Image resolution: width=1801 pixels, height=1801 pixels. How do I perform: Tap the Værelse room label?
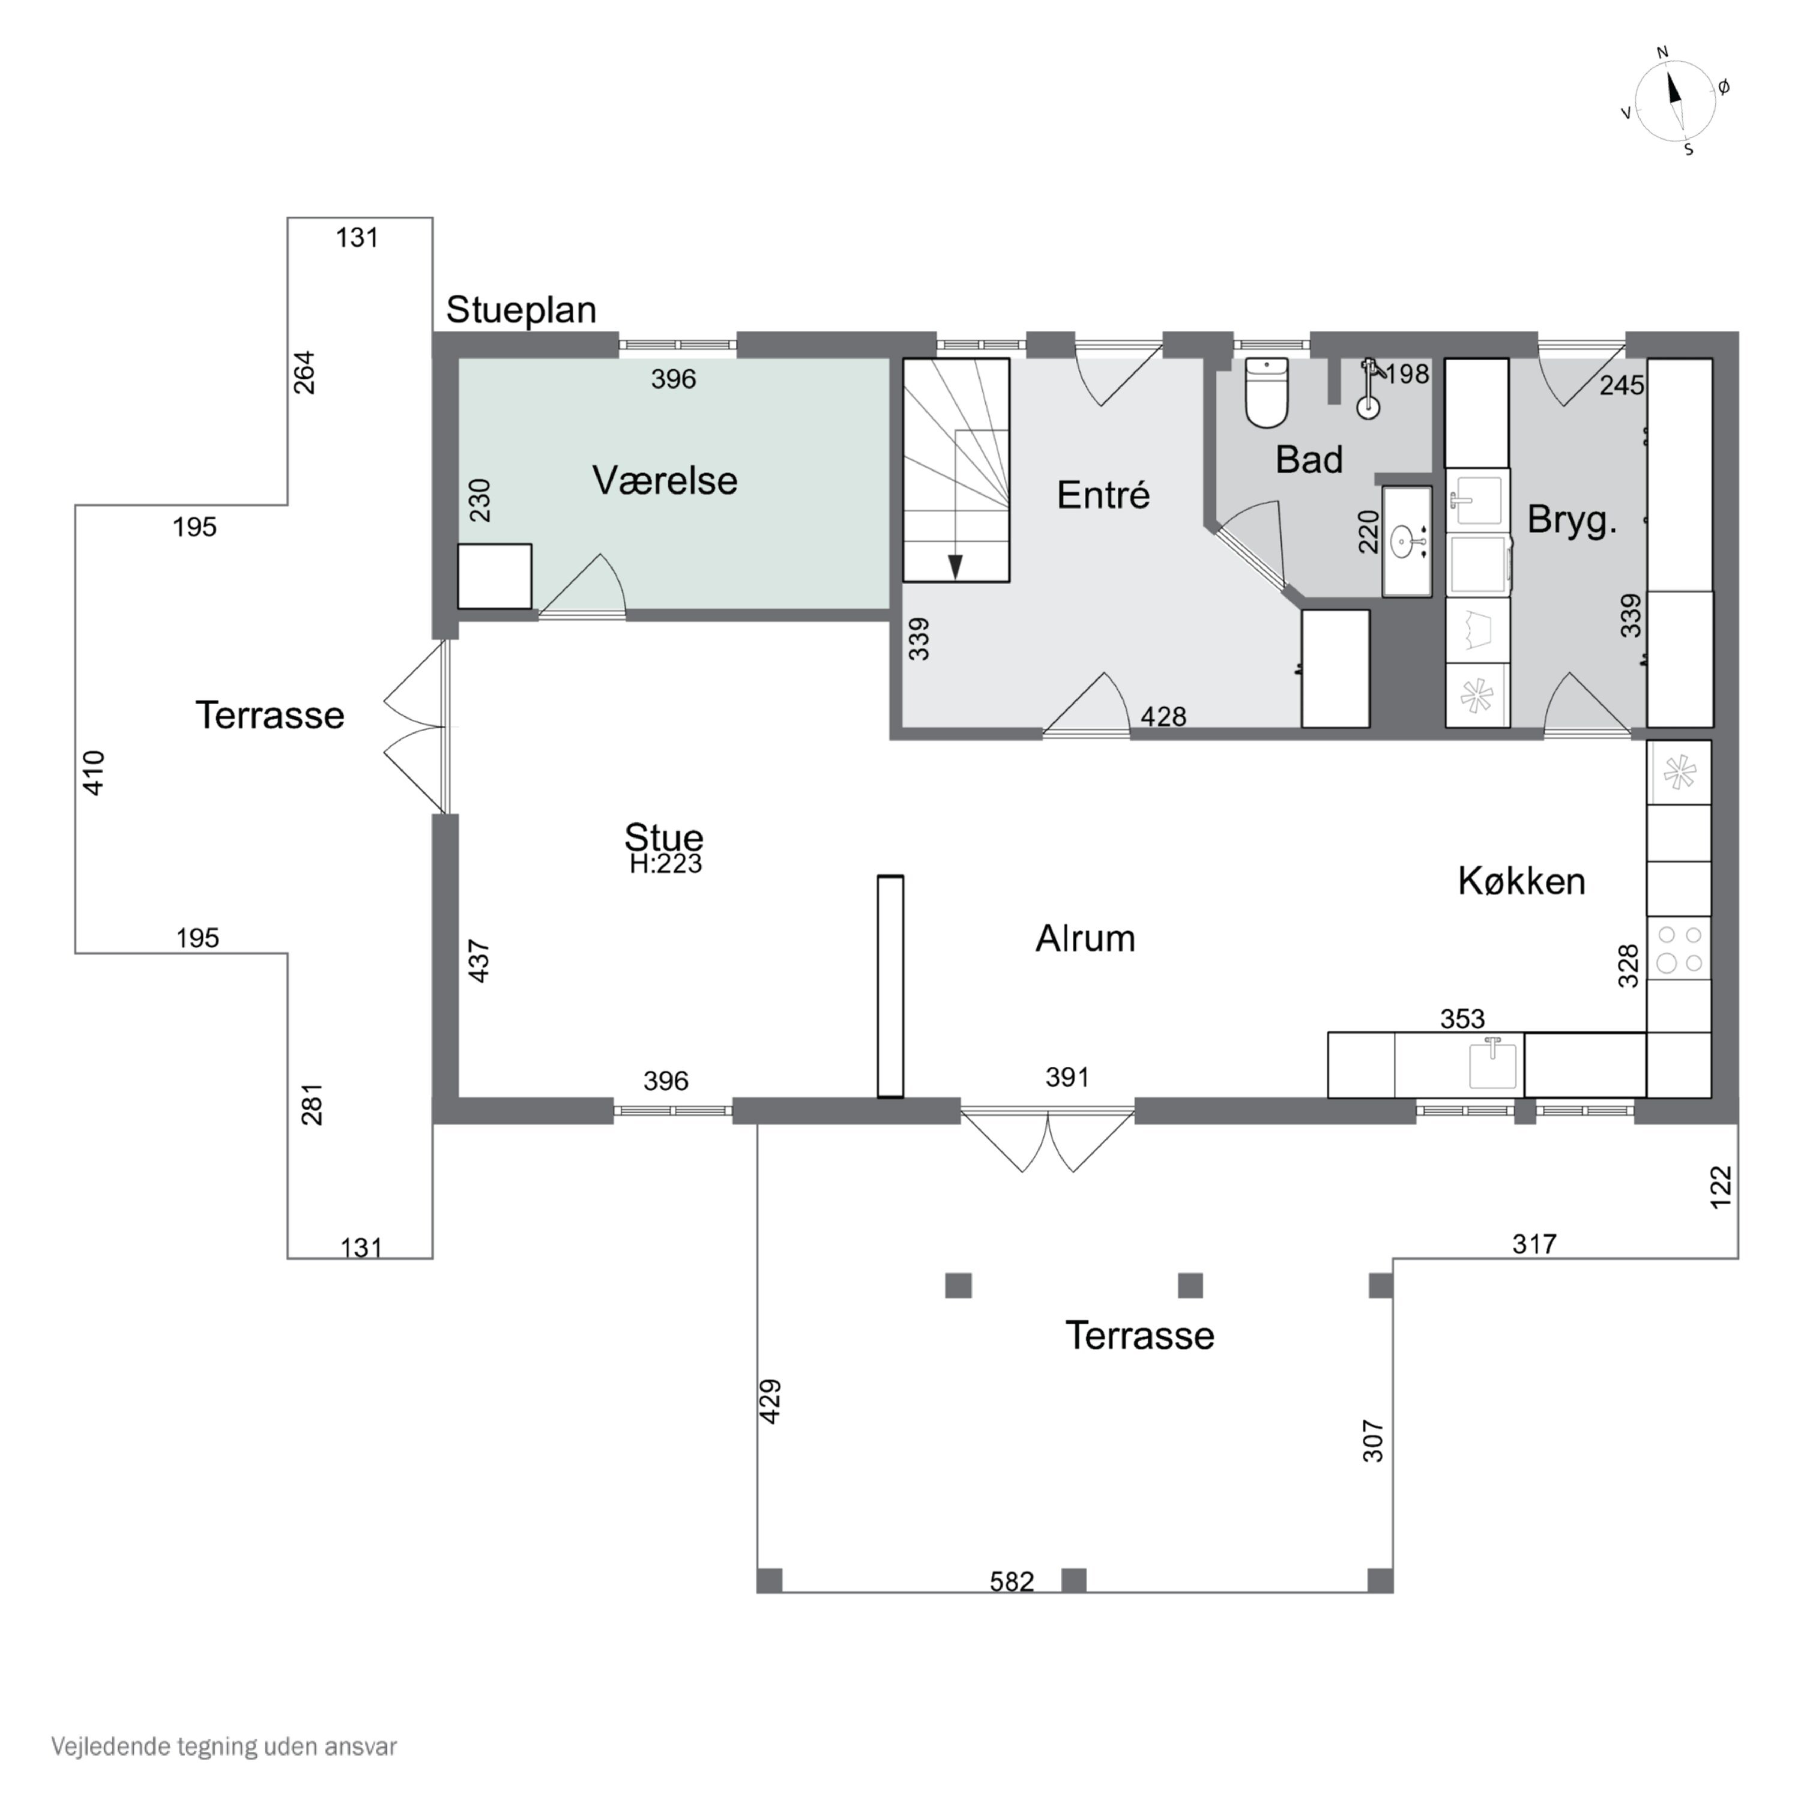(x=665, y=481)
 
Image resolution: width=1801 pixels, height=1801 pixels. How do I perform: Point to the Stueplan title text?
(x=521, y=310)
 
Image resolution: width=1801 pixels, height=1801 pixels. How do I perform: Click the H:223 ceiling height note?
(x=666, y=864)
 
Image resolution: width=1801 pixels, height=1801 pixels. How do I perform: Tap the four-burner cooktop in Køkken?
(x=1679, y=948)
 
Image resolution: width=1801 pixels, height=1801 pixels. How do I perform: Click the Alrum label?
(x=1085, y=939)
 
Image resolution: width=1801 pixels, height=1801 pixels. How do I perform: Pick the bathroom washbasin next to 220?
(x=1407, y=541)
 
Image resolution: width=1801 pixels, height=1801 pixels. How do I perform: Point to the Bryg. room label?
(x=1572, y=520)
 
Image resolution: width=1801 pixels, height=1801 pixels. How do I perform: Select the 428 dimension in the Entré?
(x=1163, y=716)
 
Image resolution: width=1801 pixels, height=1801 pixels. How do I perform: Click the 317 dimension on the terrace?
(x=1534, y=1243)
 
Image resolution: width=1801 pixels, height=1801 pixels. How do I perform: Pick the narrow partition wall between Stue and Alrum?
(x=890, y=986)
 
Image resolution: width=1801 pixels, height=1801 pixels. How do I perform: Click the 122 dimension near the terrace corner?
(x=1721, y=1187)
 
